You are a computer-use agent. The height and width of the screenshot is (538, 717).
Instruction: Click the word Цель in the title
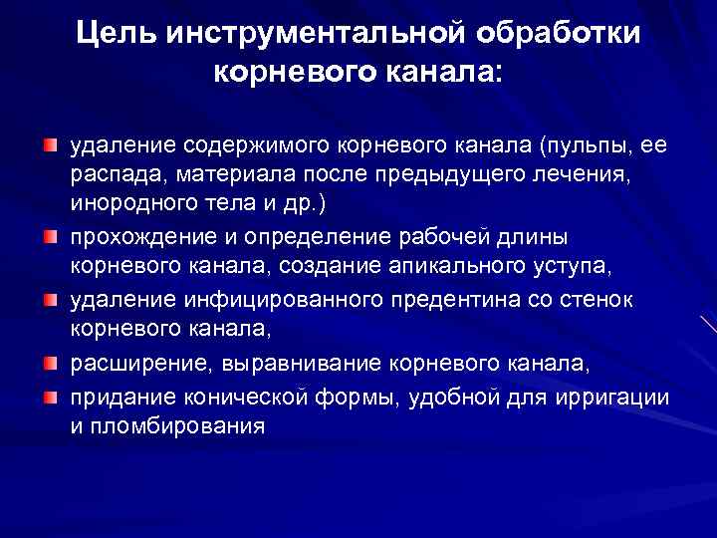point(117,33)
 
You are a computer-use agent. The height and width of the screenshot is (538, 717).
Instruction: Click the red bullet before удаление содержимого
point(49,146)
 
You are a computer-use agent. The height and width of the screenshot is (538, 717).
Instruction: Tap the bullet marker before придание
point(49,398)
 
